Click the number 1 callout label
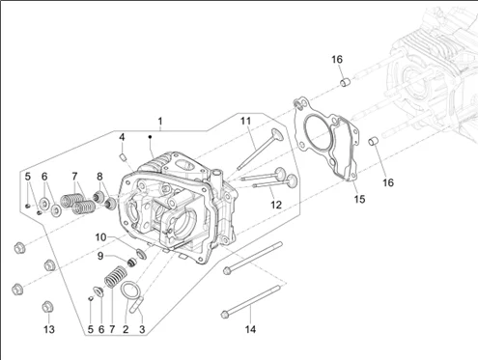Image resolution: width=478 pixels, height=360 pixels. click(x=160, y=122)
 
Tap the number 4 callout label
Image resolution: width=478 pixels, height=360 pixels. click(x=122, y=137)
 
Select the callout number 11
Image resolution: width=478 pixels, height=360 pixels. click(x=245, y=122)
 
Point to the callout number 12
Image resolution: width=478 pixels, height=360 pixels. click(x=276, y=205)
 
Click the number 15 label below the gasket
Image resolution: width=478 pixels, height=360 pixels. click(x=359, y=200)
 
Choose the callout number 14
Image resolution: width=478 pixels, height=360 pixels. click(x=250, y=329)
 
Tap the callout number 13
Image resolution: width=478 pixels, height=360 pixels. click(x=49, y=329)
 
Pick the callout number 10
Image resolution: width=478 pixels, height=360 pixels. click(x=100, y=237)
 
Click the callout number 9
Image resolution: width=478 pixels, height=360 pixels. click(x=100, y=256)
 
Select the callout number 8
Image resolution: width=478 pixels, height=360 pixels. click(x=99, y=177)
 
